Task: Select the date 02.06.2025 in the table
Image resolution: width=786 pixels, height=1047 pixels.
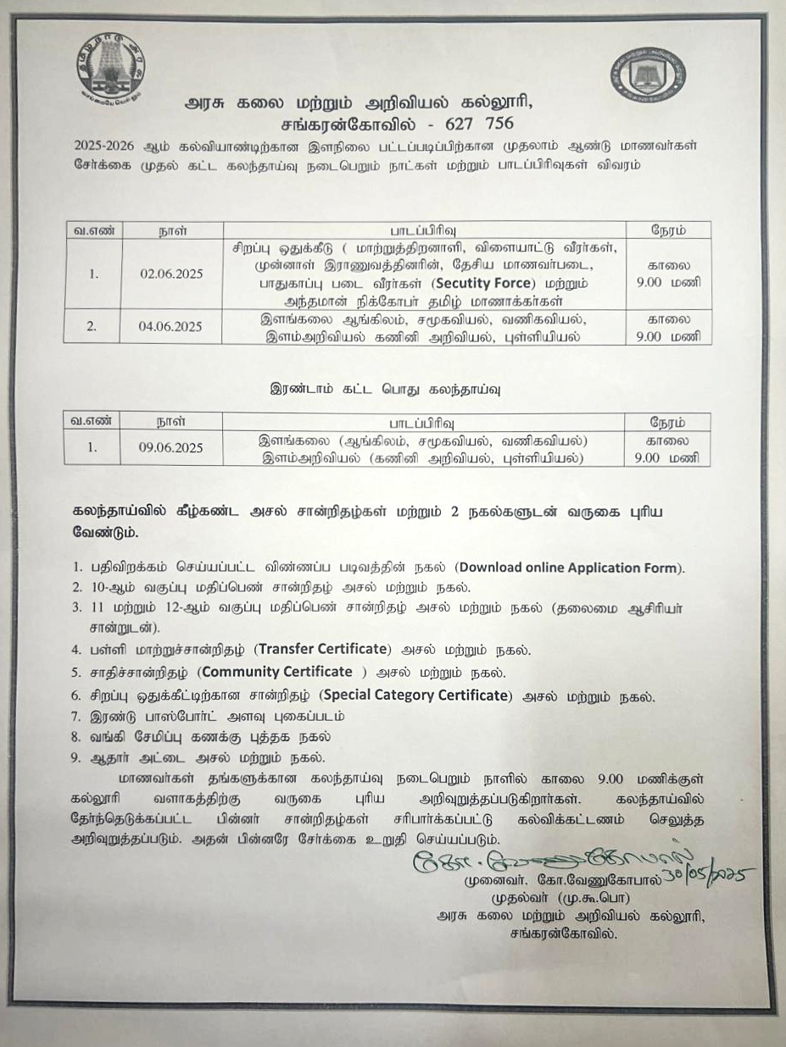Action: pos(171,274)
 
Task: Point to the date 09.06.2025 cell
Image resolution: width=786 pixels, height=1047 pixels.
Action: pos(171,448)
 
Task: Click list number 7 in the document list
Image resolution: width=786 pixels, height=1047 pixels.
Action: pos(76,716)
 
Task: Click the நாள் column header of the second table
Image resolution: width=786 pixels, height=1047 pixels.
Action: pos(172,422)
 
